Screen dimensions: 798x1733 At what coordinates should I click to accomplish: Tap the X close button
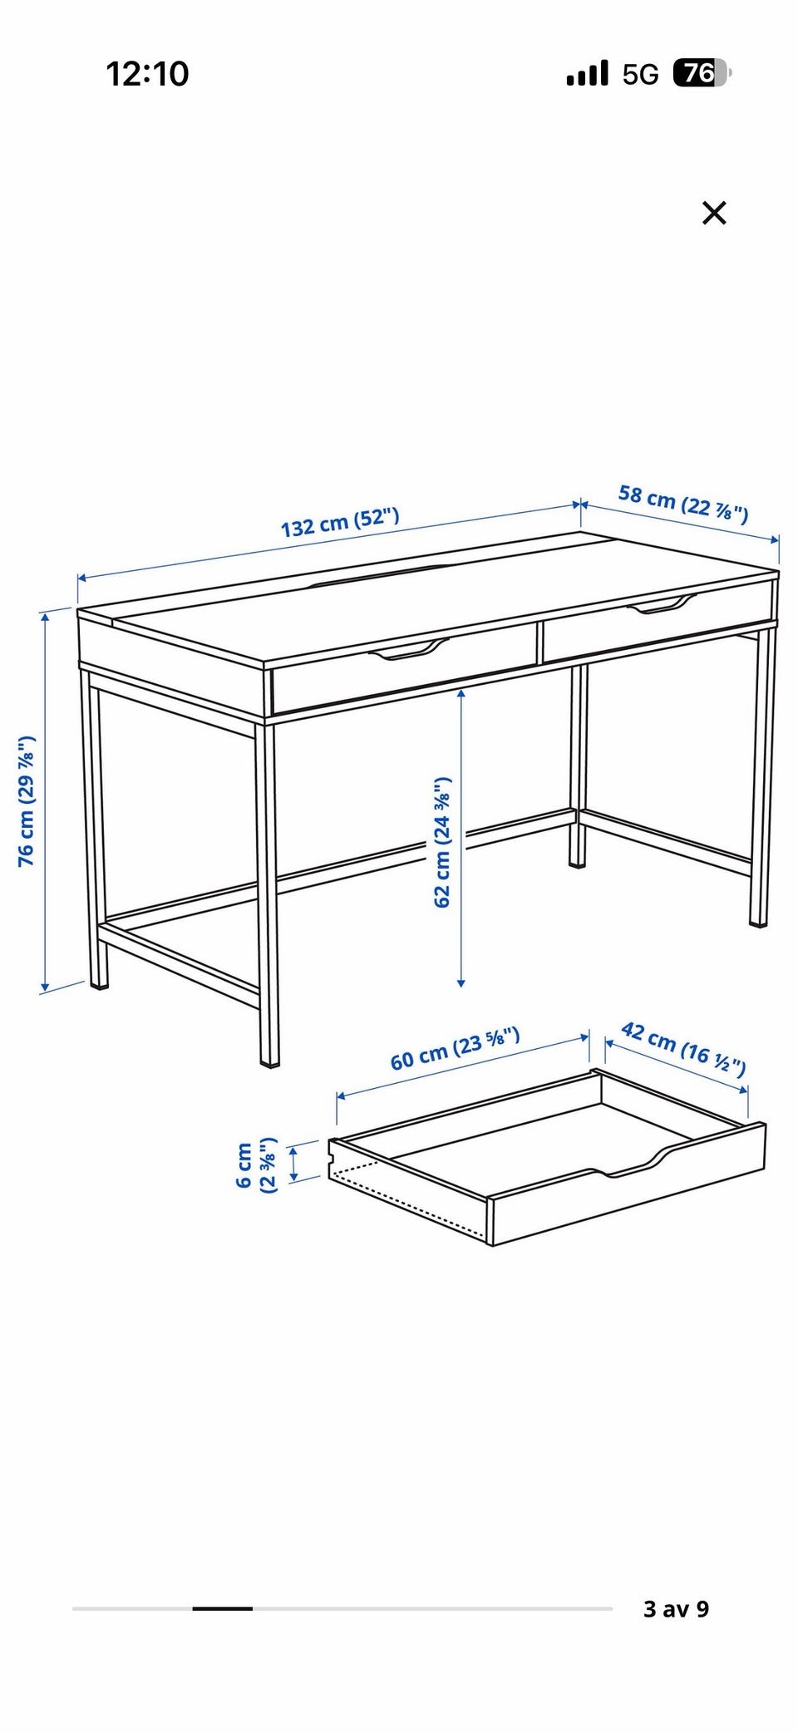pos(714,214)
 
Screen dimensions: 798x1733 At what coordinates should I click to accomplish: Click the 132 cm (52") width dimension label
pos(340,522)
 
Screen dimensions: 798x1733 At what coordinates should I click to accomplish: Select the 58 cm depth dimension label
pos(683,504)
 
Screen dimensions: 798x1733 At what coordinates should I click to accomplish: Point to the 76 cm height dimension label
pos(27,801)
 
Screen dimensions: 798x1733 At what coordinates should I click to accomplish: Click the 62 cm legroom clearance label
pos(442,842)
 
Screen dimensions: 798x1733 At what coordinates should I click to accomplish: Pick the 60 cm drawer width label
pos(456,1049)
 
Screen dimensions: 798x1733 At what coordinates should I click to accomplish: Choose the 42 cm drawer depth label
pos(683,1048)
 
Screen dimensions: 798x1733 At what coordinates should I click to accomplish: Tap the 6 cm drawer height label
pos(257,1165)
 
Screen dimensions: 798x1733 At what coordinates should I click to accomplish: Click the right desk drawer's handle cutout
pos(663,604)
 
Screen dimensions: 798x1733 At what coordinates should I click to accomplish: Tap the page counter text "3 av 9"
pos(676,1608)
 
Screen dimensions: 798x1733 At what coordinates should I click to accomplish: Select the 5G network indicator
pos(640,75)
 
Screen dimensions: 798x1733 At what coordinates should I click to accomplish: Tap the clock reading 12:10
pos(148,74)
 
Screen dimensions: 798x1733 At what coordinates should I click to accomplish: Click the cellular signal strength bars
pos(587,74)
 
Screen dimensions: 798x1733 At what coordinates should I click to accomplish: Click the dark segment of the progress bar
pos(223,1608)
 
